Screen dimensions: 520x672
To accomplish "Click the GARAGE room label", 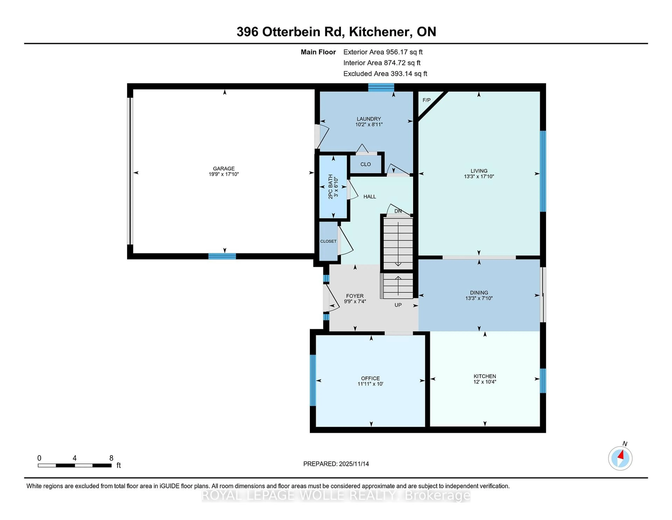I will (x=224, y=169).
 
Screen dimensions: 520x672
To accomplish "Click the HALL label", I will (x=370, y=197).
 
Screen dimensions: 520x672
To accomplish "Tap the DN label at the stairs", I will (x=398, y=211).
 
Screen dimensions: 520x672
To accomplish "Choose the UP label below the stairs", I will (x=398, y=305).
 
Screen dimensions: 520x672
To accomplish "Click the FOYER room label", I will (x=355, y=296).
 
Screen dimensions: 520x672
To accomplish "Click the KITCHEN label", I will (x=485, y=376).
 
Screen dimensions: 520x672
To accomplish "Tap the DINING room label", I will (x=479, y=293).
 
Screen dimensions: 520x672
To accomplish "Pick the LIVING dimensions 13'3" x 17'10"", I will (x=479, y=177).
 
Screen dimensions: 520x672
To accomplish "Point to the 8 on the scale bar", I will (x=111, y=458).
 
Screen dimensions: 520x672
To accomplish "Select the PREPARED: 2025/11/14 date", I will (x=336, y=464).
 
